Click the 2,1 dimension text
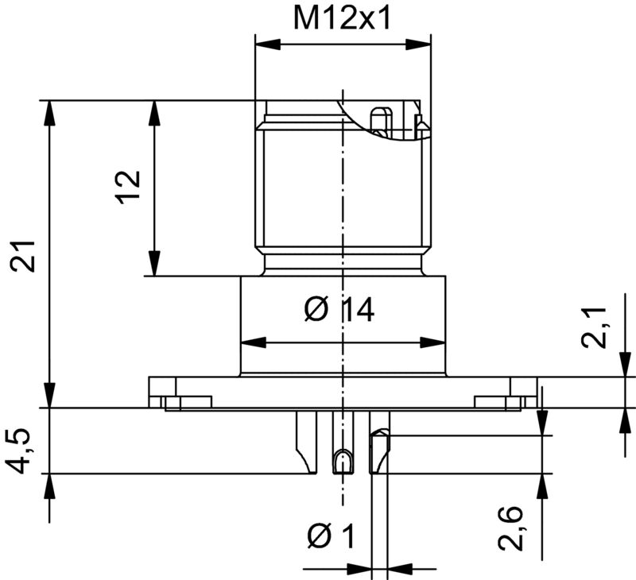595,327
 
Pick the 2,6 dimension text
511,530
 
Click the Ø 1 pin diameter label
330,538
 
